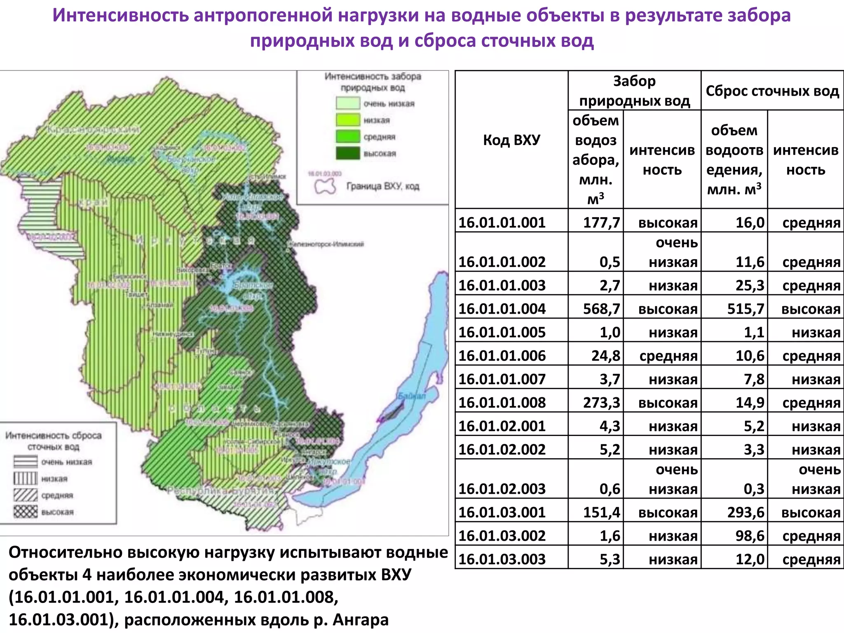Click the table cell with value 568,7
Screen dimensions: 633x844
pos(601,309)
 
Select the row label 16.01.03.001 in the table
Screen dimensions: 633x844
pos(502,512)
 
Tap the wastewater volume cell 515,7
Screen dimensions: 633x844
pos(745,309)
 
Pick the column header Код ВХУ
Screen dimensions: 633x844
pos(511,140)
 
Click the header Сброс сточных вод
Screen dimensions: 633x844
pos(772,91)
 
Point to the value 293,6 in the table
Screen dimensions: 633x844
pos(745,512)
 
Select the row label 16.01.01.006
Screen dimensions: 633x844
pos(502,356)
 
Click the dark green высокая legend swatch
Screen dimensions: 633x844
pos(348,153)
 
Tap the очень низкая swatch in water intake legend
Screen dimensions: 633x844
pos(348,103)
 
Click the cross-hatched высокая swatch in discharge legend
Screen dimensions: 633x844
pos(25,512)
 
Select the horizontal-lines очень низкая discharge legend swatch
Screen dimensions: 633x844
pos(25,462)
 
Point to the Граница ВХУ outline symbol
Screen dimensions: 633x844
pos(325,186)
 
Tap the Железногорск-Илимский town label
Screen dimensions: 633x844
pos(326,244)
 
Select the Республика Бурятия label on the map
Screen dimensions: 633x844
pos(220,491)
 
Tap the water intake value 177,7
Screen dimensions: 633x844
pos(601,223)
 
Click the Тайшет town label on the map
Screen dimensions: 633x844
pos(136,295)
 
